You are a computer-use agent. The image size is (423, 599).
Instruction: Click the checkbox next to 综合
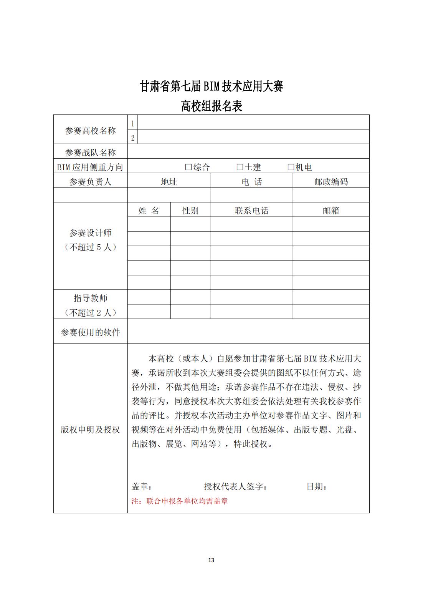pyautogui.click(x=188, y=167)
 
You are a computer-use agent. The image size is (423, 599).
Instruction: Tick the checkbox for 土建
pyautogui.click(x=240, y=167)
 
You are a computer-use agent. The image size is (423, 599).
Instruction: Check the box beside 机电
pyautogui.click(x=291, y=167)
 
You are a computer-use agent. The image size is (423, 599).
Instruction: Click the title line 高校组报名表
pyautogui.click(x=211, y=106)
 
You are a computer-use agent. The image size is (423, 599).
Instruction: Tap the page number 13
pyautogui.click(x=211, y=560)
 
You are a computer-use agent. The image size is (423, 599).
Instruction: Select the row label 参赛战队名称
pyautogui.click(x=90, y=153)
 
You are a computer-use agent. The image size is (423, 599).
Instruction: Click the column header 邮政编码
pyautogui.click(x=331, y=182)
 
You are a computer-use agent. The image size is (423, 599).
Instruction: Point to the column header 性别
pyautogui.click(x=190, y=211)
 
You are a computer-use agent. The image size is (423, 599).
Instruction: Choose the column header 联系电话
pyautogui.click(x=251, y=211)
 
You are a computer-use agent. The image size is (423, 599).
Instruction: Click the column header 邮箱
pyautogui.click(x=331, y=211)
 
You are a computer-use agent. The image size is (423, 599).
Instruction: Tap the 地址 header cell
pyautogui.click(x=169, y=182)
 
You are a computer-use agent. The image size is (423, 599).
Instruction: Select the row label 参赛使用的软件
pyautogui.click(x=90, y=332)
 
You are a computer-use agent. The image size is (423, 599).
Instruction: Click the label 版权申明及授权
pyautogui.click(x=90, y=430)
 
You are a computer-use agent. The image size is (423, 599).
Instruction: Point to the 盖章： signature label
pyautogui.click(x=142, y=486)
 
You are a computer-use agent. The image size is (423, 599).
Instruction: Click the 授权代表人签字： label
pyautogui.click(x=236, y=486)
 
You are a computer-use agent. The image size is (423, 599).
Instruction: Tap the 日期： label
pyautogui.click(x=317, y=486)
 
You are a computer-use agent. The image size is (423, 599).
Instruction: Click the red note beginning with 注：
pyautogui.click(x=180, y=501)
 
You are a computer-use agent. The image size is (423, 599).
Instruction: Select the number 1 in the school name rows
pyautogui.click(x=133, y=124)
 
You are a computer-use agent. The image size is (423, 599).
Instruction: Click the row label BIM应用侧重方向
pyautogui.click(x=90, y=167)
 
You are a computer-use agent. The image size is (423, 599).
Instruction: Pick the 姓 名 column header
pyautogui.click(x=149, y=211)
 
